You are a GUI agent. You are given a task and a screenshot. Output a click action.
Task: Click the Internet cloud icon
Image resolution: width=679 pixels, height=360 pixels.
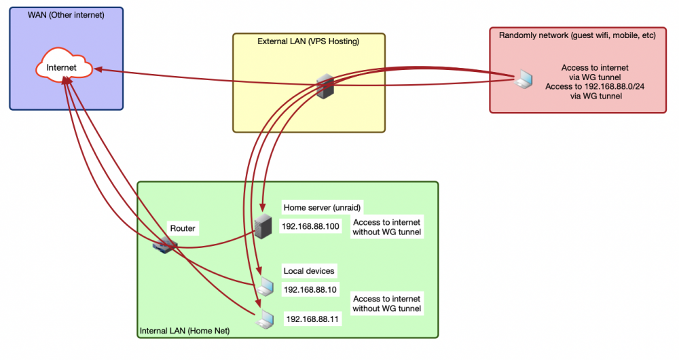point(64,65)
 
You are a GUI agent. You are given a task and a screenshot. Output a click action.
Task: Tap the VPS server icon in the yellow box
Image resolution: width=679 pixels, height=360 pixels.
point(325,86)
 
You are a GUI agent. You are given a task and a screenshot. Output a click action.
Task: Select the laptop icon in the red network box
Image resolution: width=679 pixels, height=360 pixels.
point(524,79)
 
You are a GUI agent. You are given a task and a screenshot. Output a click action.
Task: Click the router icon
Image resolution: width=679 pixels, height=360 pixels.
point(164,246)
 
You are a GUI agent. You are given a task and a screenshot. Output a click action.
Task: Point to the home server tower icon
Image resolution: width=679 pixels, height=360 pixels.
point(263,226)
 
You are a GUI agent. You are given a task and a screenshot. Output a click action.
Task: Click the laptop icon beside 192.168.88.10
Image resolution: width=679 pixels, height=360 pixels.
point(264,287)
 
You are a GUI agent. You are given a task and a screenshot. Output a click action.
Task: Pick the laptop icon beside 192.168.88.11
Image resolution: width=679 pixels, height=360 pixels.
point(264,319)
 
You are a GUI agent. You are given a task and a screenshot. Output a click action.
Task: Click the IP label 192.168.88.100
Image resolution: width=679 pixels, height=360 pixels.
point(310,226)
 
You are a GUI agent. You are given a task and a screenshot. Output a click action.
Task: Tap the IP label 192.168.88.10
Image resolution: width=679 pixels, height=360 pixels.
point(310,290)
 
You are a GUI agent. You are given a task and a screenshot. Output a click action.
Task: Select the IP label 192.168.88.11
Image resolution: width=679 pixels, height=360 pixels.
point(312,319)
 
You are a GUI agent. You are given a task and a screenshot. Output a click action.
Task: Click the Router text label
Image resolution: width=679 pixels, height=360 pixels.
point(182,228)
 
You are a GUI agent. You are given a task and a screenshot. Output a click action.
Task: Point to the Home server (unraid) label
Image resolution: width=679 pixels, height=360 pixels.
point(322,207)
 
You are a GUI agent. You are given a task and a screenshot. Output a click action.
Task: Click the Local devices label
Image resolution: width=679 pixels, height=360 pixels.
point(309,271)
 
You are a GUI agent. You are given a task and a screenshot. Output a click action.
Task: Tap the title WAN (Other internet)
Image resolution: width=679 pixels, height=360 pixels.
point(66,15)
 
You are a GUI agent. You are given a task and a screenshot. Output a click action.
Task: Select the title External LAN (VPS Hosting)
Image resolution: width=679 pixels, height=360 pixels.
point(308,41)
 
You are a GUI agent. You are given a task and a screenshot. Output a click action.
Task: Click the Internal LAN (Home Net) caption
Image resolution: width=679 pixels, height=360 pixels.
point(185,331)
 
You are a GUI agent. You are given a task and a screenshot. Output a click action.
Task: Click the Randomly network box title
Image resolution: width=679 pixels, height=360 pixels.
point(577,35)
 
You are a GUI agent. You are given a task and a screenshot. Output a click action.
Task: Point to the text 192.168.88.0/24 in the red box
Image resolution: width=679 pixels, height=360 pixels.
point(614,86)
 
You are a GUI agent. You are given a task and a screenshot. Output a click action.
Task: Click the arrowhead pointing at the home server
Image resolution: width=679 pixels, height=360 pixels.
point(262,206)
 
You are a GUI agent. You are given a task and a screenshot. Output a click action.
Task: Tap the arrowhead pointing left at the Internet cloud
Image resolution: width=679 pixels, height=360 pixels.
point(98,69)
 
